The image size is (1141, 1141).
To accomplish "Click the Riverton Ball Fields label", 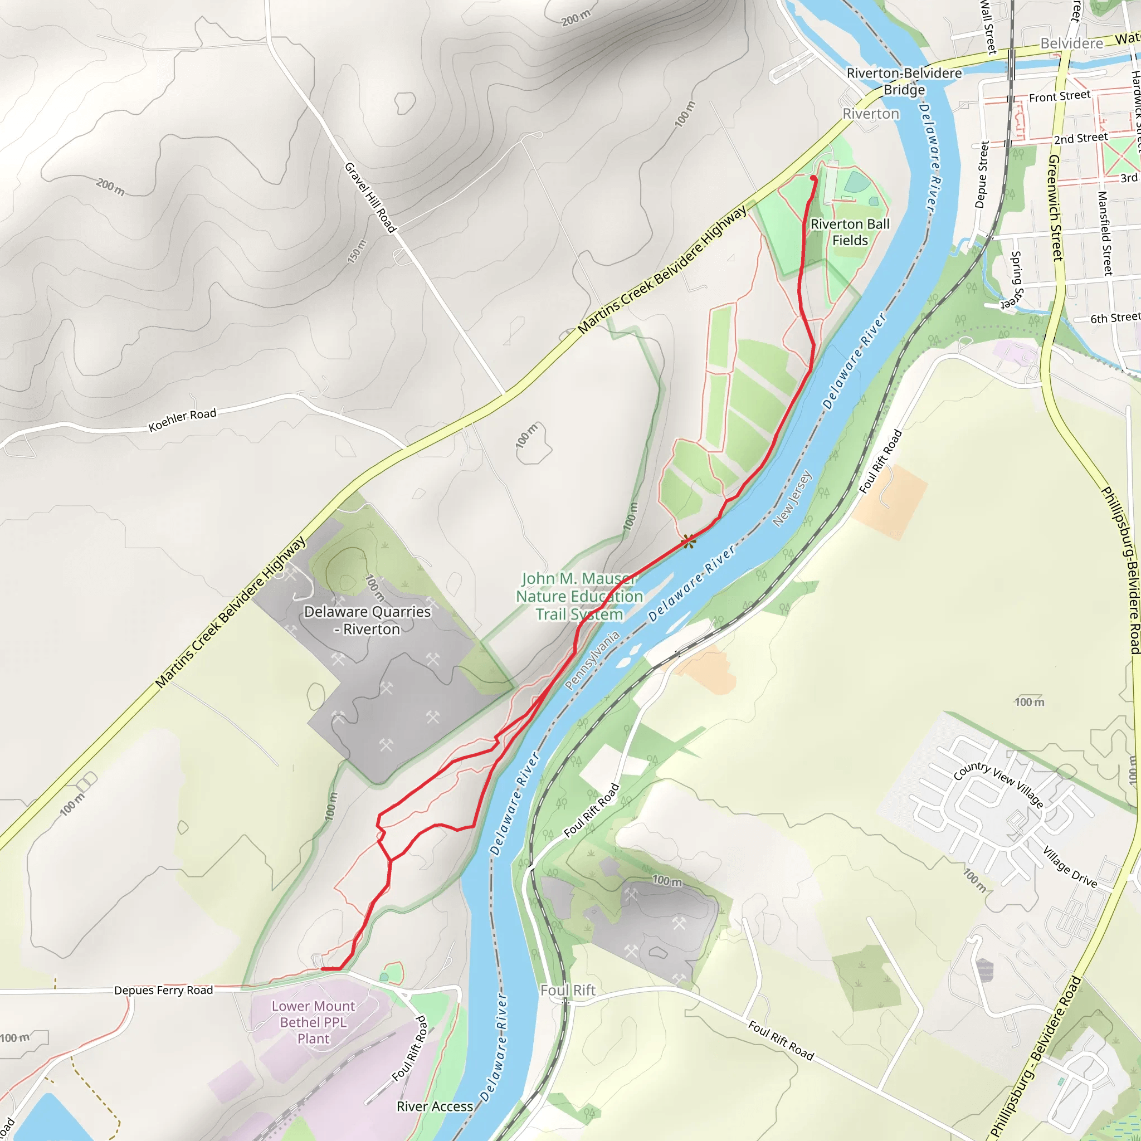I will [x=850, y=232].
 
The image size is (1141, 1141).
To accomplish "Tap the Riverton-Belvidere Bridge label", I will [x=904, y=81].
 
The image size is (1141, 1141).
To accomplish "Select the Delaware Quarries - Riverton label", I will [x=367, y=620].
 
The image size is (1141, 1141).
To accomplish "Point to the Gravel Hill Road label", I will [x=370, y=198].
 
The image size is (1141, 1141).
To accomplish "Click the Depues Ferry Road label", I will [x=164, y=991].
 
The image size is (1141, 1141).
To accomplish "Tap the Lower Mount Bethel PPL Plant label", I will [x=313, y=1022].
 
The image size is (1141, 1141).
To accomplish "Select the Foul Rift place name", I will [x=568, y=991].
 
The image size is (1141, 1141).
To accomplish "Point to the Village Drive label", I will [x=1070, y=867].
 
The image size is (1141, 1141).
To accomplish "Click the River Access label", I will [x=435, y=1106].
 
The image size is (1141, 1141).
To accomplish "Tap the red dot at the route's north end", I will [x=813, y=178].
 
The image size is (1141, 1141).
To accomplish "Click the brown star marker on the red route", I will [x=688, y=541].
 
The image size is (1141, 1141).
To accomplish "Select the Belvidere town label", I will [x=1071, y=43].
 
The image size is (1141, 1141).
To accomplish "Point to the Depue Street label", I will [x=981, y=174].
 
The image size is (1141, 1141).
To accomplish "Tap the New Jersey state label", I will [x=793, y=498].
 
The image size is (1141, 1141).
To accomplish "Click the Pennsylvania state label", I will [x=592, y=660].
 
